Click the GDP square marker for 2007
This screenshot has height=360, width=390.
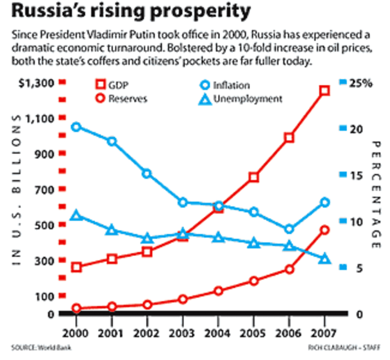[x=325, y=90]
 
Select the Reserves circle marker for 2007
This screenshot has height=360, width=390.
[x=325, y=230]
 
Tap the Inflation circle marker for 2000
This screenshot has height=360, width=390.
[x=76, y=127]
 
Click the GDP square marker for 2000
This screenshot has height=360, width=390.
[x=76, y=267]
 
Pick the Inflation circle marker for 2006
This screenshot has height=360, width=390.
[x=289, y=229]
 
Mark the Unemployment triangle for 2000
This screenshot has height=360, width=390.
[x=76, y=216]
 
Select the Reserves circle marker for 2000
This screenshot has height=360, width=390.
[x=76, y=308]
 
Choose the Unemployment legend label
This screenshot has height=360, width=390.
[x=247, y=99]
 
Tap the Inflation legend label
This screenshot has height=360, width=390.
[x=231, y=85]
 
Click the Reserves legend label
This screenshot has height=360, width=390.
[x=128, y=99]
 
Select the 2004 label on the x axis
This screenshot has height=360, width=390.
[x=218, y=333]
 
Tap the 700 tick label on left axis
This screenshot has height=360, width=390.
[x=43, y=189]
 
